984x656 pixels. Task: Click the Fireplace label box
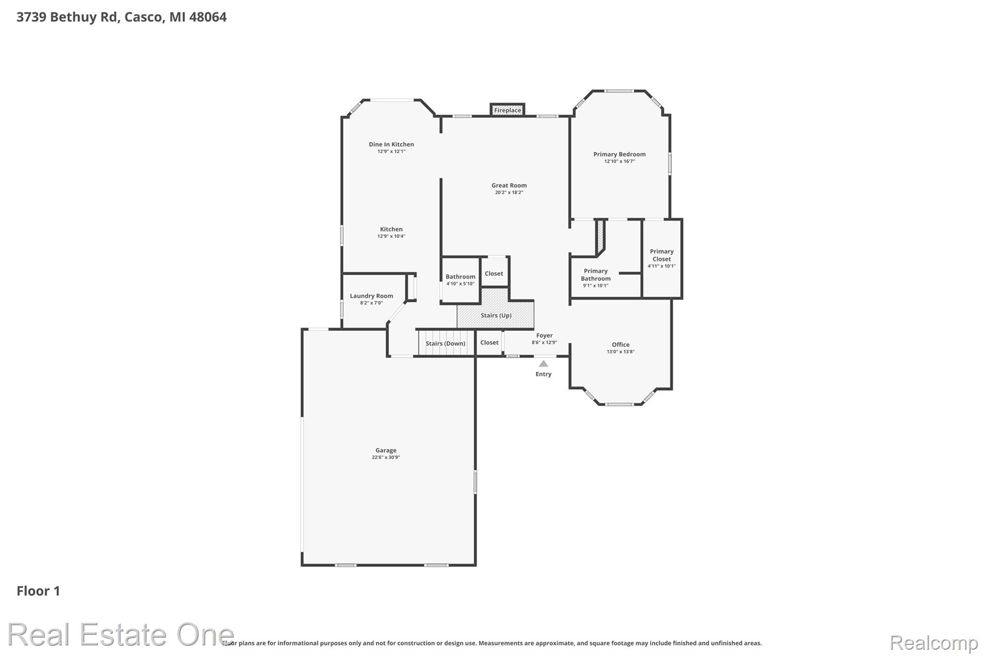[x=507, y=110]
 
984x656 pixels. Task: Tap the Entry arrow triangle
[x=543, y=364]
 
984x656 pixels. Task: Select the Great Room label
[x=509, y=186]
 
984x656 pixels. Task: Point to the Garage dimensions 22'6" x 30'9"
[x=386, y=458]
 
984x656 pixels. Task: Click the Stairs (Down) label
[x=445, y=344]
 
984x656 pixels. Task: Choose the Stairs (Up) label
[x=496, y=316]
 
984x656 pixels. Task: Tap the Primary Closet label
[x=662, y=255]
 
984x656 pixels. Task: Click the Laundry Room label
[x=371, y=296]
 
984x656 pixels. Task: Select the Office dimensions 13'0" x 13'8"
[x=621, y=352]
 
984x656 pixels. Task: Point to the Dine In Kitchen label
[x=391, y=144]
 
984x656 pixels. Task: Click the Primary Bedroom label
[x=619, y=154]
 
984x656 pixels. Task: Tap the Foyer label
[x=544, y=335]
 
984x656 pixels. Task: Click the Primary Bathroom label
[x=596, y=275]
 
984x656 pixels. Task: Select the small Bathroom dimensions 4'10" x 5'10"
[x=460, y=284]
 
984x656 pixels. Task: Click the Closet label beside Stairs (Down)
[x=489, y=343]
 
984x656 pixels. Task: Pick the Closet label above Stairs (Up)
[x=494, y=273]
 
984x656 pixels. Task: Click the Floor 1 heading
[x=38, y=591]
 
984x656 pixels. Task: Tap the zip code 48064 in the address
[x=208, y=17]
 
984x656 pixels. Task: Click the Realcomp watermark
[x=934, y=643]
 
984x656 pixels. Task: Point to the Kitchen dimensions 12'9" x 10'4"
[x=391, y=236]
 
